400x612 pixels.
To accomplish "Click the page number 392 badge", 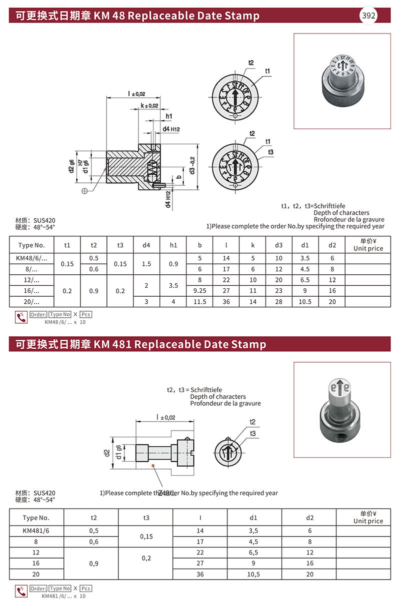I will (368, 15).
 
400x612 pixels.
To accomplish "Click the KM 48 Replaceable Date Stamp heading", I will (137, 15).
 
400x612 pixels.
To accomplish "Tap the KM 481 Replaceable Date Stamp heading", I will (140, 344).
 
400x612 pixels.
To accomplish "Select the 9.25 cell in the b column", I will (199, 290).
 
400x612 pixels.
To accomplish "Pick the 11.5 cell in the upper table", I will (199, 302).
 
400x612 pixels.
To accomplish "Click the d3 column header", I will (278, 245).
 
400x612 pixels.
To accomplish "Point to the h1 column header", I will (173, 245).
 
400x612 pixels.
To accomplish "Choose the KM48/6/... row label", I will (32, 258).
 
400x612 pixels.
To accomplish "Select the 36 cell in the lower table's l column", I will (200, 574).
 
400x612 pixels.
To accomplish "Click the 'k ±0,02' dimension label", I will (149, 106).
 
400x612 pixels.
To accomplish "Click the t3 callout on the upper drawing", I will (270, 152).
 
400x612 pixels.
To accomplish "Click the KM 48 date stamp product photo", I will (342, 80).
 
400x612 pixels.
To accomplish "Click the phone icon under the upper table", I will (21, 317).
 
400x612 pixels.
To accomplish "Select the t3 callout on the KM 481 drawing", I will (253, 434).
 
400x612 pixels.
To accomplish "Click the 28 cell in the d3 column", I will (278, 302).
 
